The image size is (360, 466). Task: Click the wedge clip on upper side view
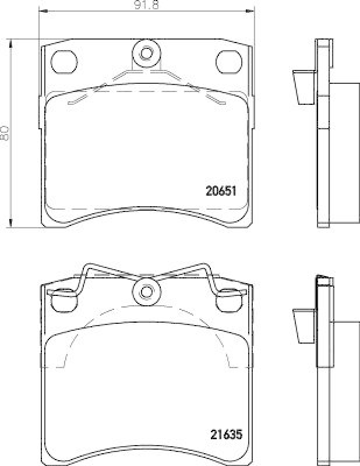click(x=302, y=87)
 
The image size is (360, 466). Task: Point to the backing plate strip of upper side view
click(x=323, y=134)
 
